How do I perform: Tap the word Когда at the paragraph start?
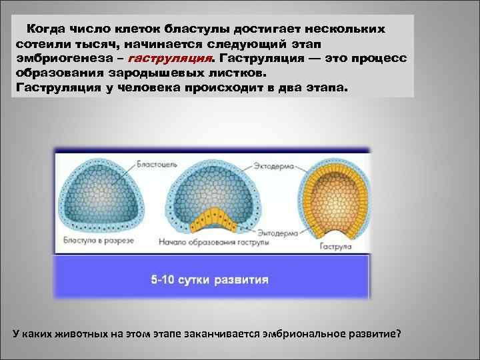pyautogui.click(x=47, y=30)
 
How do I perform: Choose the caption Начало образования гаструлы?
pyautogui.click(x=214, y=243)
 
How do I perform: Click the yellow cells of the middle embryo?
pyautogui.click(x=213, y=219)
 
